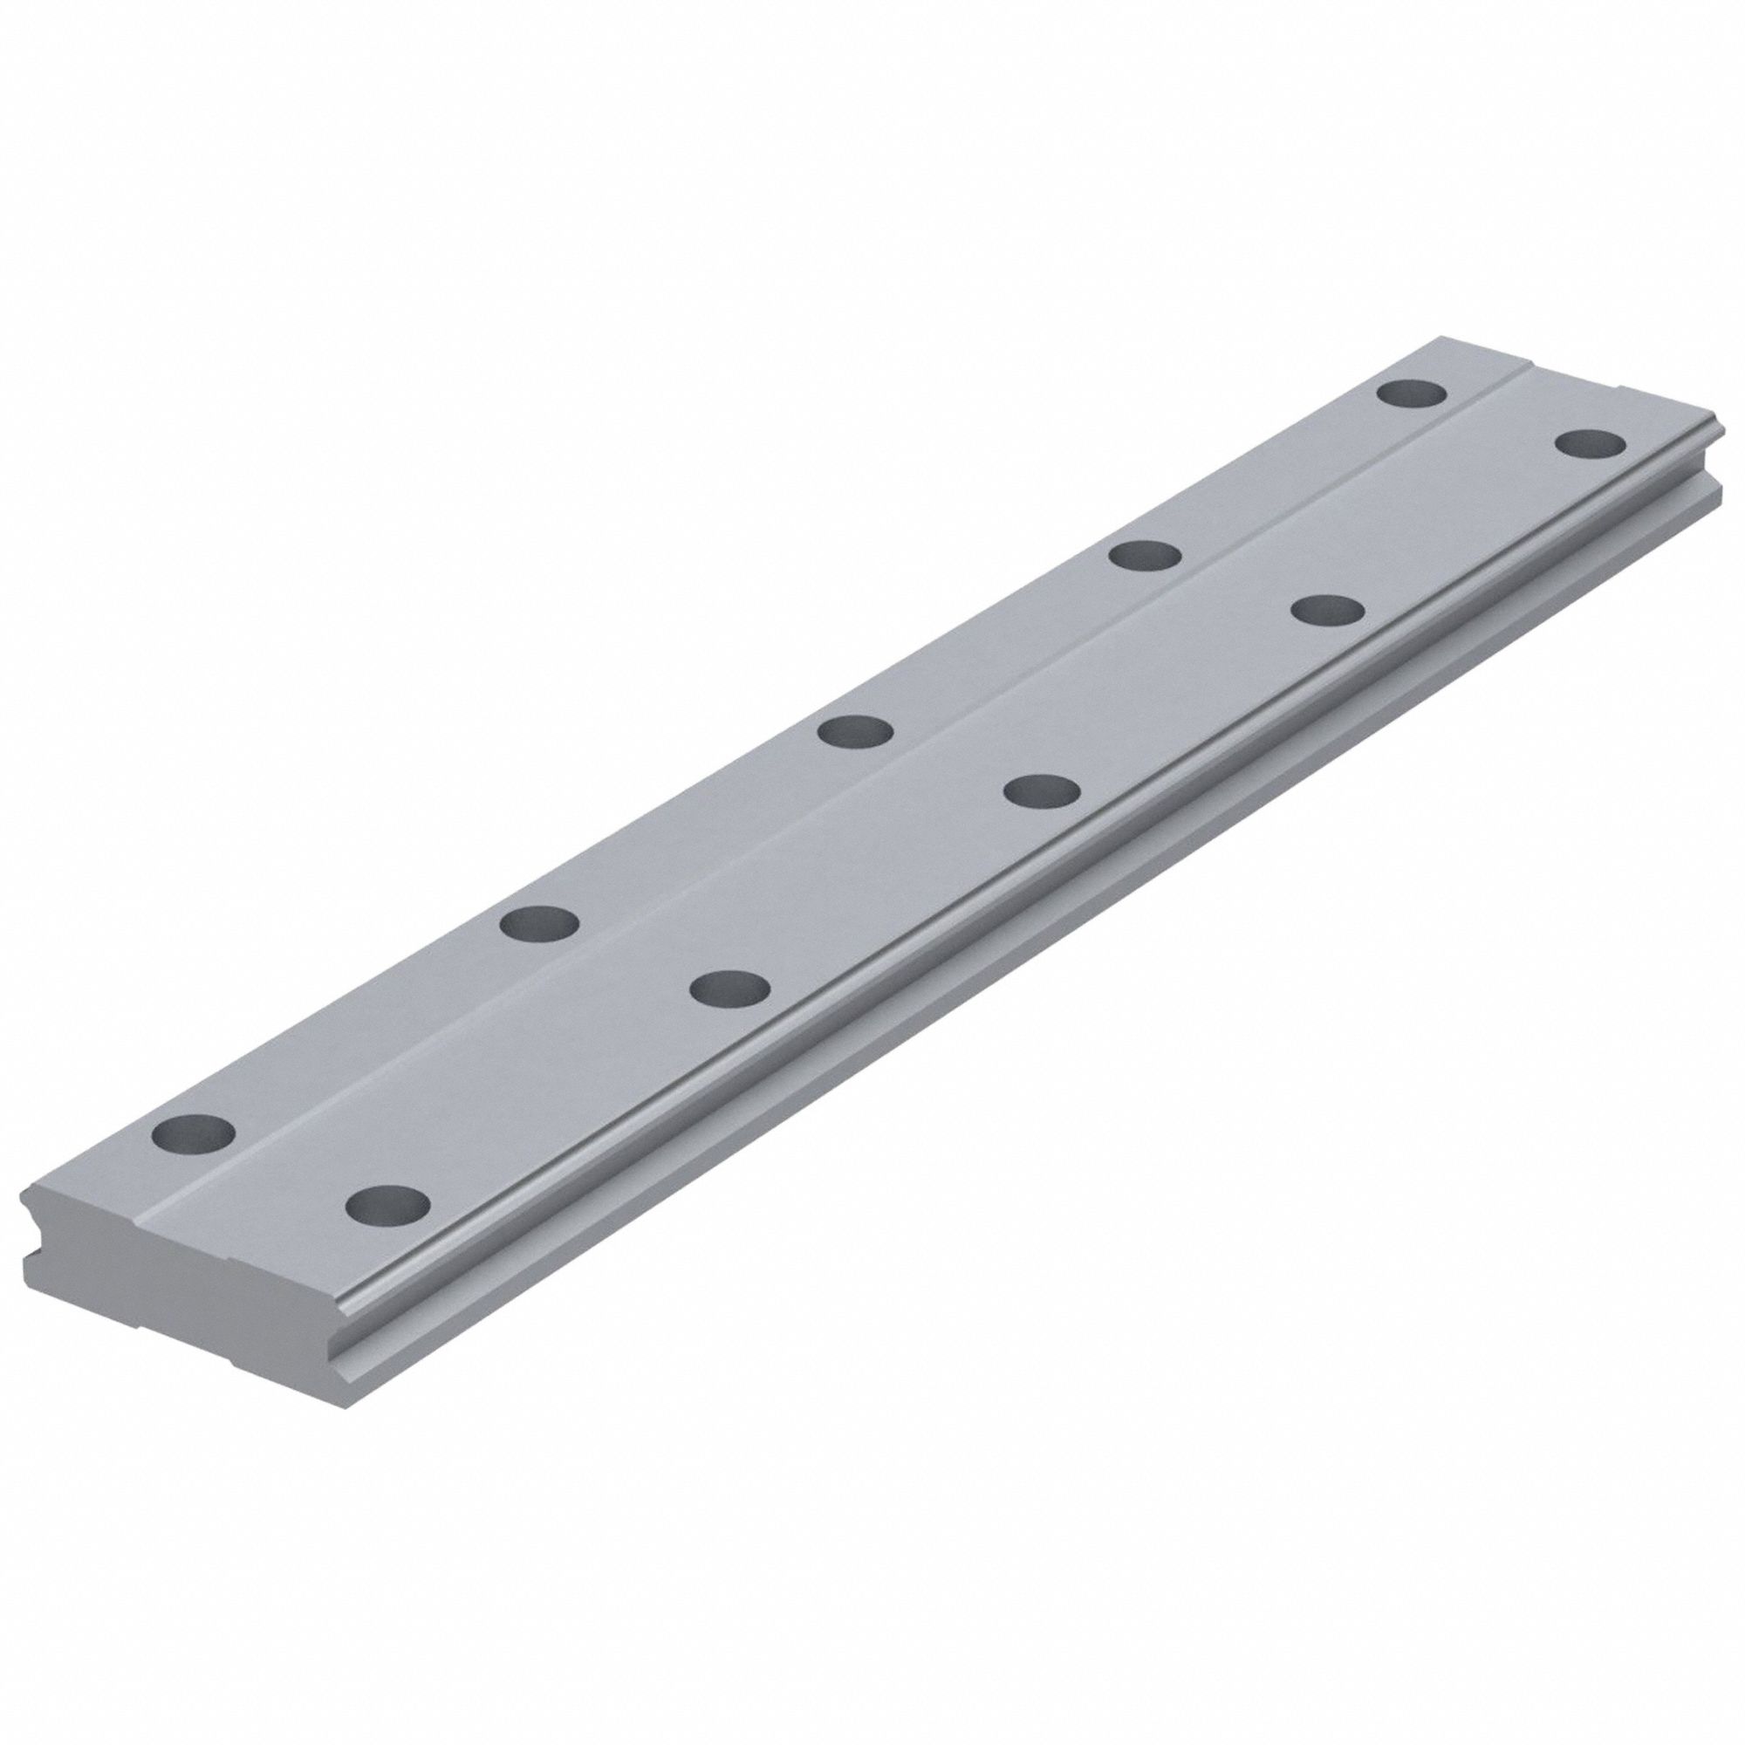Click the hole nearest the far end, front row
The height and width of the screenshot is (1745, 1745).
pyautogui.click(x=1591, y=444)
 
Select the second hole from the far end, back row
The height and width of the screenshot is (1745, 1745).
pyautogui.click(x=1146, y=555)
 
